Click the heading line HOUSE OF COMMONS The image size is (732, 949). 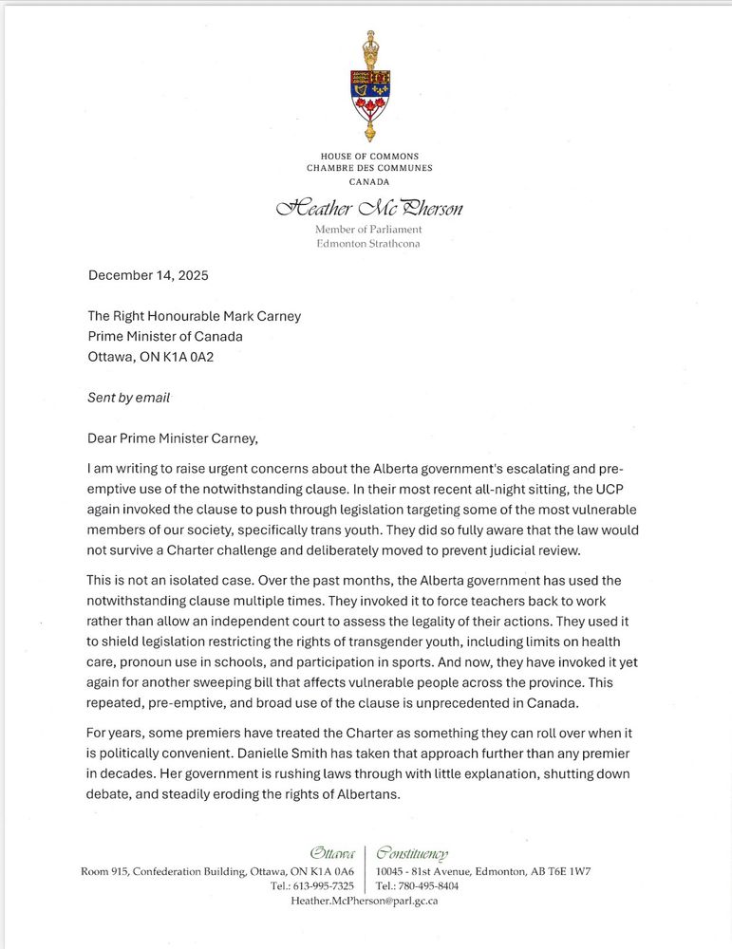[369, 157]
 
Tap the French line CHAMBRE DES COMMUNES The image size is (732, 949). [369, 168]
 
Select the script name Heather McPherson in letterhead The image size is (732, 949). [369, 208]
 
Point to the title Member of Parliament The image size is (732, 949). [368, 230]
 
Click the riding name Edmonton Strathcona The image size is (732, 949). [368, 243]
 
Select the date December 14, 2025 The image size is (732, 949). [148, 276]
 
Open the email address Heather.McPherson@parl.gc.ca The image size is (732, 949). [364, 902]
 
